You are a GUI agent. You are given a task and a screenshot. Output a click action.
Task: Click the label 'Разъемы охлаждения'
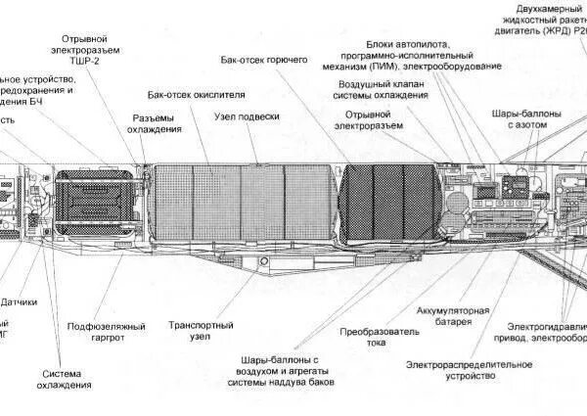tap(157, 123)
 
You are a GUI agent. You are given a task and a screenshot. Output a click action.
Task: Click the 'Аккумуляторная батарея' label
tap(447, 315)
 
